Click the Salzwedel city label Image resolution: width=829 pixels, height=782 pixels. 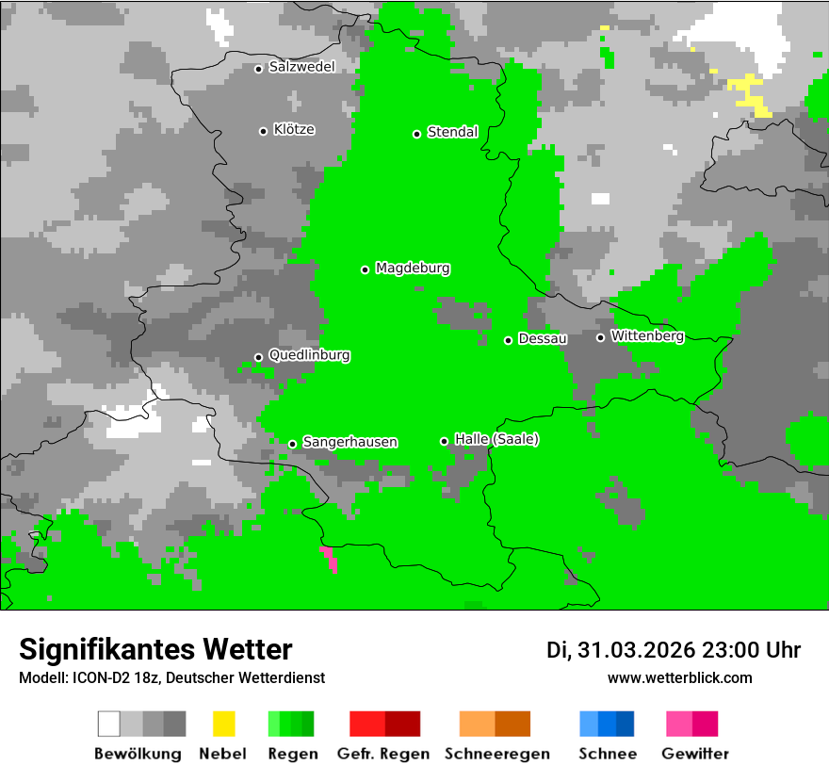pos(301,67)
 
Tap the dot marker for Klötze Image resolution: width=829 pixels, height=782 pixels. pos(263,131)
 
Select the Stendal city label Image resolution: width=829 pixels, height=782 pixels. pos(452,132)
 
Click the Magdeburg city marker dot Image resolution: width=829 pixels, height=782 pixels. pos(365,269)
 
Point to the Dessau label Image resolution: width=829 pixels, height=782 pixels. pos(543,338)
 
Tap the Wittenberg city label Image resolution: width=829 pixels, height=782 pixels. pos(647,335)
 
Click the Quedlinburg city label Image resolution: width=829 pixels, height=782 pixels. pos(309,355)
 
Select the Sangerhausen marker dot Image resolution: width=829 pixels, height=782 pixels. pos(292,444)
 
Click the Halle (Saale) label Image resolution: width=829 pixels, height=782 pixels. pos(496,439)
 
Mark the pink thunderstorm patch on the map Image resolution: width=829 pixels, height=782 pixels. pos(330,558)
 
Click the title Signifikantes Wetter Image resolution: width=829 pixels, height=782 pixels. pos(155,649)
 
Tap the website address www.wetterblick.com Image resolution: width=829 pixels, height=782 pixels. pos(679,677)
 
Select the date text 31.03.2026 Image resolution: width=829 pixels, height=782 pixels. pos(636,650)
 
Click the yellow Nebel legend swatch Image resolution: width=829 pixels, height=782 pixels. pos(223,724)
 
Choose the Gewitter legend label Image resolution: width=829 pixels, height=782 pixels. pos(694,754)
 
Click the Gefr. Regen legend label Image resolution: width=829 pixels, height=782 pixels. pos(382,754)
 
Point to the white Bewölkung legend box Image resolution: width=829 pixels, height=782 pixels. pos(109,724)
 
